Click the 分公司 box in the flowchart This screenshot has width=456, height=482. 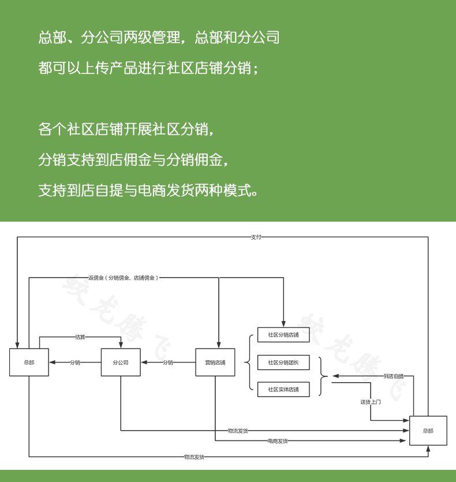tap(121, 363)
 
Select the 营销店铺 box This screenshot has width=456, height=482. tap(215, 363)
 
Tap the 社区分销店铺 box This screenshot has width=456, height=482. tap(283, 335)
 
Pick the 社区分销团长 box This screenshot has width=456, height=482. tap(283, 363)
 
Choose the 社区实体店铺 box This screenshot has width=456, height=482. tap(283, 390)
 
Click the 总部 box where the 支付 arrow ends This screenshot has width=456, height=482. tap(29, 363)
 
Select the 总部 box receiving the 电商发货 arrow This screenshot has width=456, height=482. tap(428, 431)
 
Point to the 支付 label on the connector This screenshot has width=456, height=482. tap(256, 237)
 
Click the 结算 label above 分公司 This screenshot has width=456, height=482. tap(80, 337)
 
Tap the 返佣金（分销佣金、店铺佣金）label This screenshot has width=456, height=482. tap(123, 278)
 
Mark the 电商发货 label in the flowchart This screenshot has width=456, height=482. tap(277, 441)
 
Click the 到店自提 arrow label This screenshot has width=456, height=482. tap(394, 376)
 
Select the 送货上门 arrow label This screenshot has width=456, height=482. tap(370, 402)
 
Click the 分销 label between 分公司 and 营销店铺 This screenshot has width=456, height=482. tap(167, 363)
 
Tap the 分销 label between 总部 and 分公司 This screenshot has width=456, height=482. tap(75, 363)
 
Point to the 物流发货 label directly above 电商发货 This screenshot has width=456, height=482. tap(238, 431)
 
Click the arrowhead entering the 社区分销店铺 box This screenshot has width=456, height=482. tap(283, 324)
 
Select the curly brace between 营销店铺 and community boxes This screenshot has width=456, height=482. tap(247, 363)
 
